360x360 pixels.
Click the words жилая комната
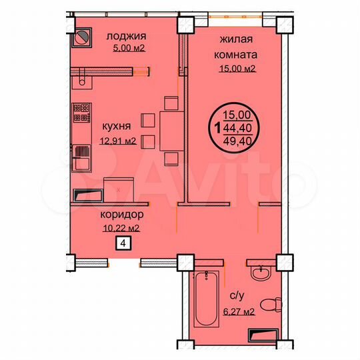235,47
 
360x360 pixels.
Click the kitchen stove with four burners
81,112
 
